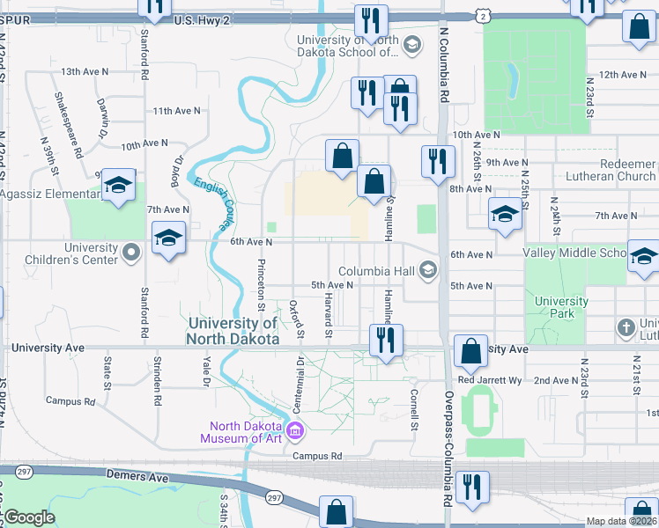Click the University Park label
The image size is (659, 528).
[561, 308]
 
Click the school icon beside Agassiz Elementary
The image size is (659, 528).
[117, 186]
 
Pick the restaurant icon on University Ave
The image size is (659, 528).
[385, 341]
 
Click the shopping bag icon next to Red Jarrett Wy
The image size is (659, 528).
[471, 351]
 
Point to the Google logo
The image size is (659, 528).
[29, 517]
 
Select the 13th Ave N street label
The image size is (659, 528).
[85, 71]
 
